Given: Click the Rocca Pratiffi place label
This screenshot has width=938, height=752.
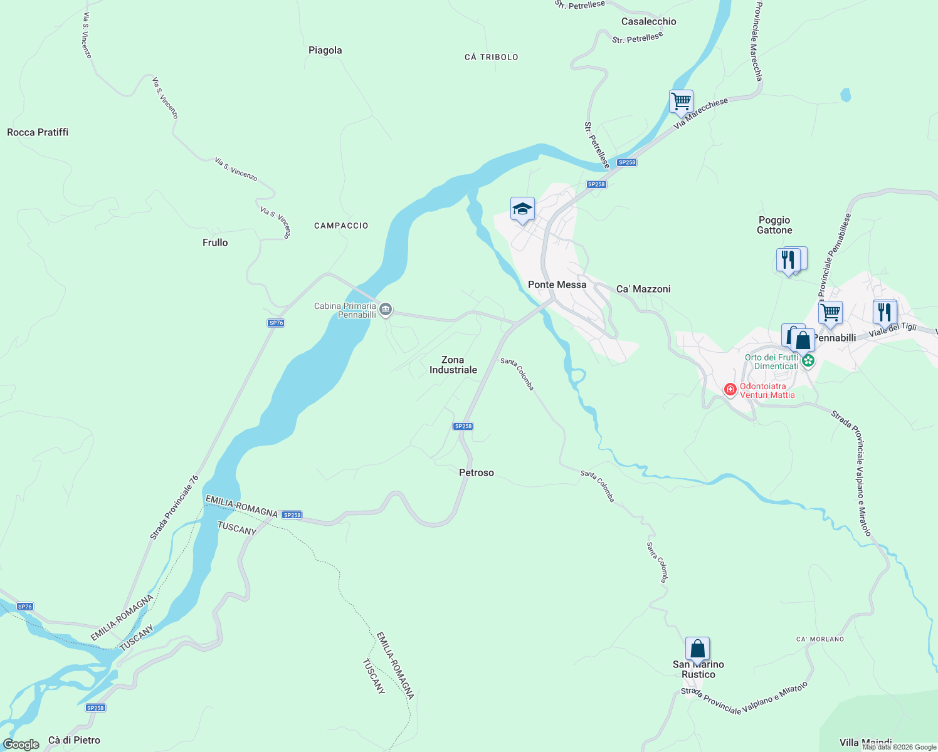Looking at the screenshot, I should point(38,132).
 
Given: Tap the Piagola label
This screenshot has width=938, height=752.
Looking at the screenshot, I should point(325,50).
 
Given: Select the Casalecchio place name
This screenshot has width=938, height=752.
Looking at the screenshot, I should point(648,21).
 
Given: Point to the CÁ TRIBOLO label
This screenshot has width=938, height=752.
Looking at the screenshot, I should point(491,57).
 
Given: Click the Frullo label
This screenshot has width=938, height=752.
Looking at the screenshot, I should point(215,243).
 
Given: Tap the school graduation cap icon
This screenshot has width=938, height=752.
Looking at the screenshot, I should point(522,209).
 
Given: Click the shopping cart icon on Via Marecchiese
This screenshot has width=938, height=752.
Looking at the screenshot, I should point(681,101).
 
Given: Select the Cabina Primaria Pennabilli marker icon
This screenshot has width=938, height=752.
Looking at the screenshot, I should point(386,309).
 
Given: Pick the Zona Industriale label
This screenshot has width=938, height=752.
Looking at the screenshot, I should point(453,365).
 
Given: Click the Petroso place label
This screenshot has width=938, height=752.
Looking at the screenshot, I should point(477,473).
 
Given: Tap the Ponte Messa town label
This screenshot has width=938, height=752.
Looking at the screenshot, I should point(557,285).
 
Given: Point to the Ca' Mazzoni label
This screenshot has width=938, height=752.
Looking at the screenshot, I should point(643,289).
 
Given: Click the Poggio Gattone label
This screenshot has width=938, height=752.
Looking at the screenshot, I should point(774,225).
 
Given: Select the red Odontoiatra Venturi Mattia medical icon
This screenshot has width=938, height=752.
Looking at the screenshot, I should point(730,390).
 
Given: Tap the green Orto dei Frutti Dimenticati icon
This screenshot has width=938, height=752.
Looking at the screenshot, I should point(808,360).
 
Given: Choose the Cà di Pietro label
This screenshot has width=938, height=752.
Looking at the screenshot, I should point(74,740).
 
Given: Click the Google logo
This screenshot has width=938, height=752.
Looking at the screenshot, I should point(21,744).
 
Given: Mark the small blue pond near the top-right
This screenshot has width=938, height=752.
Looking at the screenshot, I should point(846,95).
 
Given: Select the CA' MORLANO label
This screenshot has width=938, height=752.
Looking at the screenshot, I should point(820,639).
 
